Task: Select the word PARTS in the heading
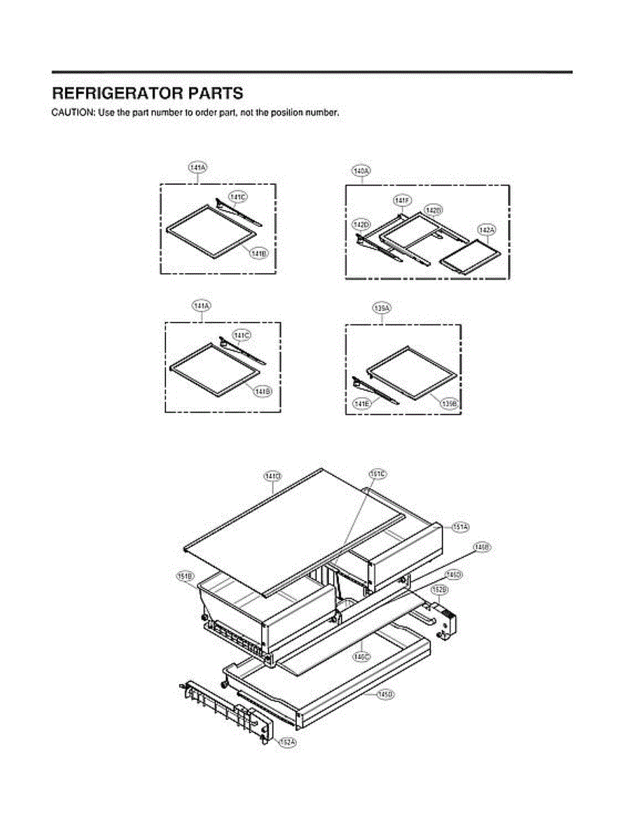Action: pyautogui.click(x=217, y=93)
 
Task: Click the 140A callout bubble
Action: pyautogui.click(x=361, y=171)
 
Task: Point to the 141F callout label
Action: pyautogui.click(x=402, y=201)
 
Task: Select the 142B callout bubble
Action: pyautogui.click(x=433, y=210)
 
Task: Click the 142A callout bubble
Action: pyautogui.click(x=487, y=230)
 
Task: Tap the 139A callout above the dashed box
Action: pyautogui.click(x=382, y=308)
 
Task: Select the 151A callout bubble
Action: pyautogui.click(x=461, y=526)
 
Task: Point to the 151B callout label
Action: pyautogui.click(x=185, y=576)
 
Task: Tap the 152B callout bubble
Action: pyautogui.click(x=439, y=590)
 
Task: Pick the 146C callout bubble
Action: pyautogui.click(x=361, y=656)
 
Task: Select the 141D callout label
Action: pyautogui.click(x=273, y=477)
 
